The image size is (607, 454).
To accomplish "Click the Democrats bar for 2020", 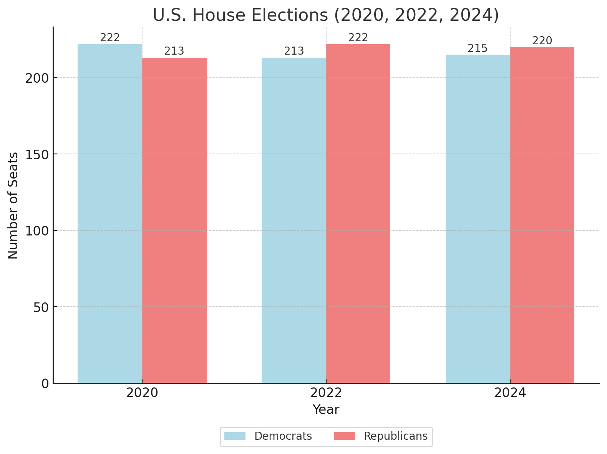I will coord(110,214).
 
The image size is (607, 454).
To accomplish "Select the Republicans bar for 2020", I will coord(174,220).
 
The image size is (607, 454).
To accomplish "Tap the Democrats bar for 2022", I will coord(294,220).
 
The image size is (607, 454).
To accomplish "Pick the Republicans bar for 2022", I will coord(358,214).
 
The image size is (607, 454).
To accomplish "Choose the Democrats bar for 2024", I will coord(478,219).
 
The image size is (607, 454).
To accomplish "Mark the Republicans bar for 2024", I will coord(542,215).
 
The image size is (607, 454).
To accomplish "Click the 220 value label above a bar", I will coord(542,41).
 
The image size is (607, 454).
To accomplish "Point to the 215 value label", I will coord(478,48).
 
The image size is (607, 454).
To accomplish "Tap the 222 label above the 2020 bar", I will coord(110,38).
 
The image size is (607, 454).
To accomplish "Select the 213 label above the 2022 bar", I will coord(294,51).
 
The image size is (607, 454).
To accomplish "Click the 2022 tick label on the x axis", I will coord(326,393).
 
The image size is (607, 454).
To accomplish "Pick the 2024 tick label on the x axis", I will coord(510,393).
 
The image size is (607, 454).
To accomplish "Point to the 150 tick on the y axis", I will coord(37,154).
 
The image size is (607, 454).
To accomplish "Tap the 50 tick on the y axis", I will coord(41,307).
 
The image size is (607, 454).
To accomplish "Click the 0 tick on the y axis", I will coord(45,384).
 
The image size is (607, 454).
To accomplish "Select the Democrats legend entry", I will coord(283,436).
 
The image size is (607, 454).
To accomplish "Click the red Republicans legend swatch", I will coord(344,436).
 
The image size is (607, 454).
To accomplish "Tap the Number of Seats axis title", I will coord(13,205).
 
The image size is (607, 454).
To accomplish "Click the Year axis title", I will coord(326,410).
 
